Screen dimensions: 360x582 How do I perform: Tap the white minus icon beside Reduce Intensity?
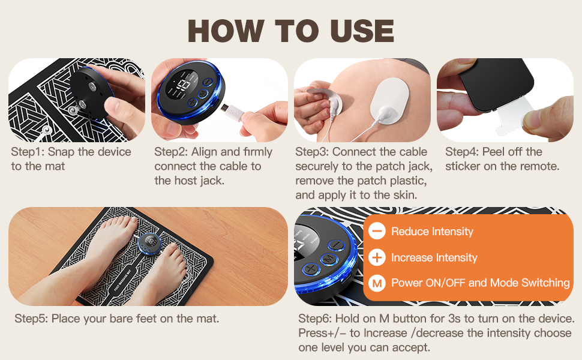point(377,231)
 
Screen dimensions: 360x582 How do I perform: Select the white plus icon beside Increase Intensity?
point(377,257)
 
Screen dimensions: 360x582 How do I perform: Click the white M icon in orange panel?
point(377,283)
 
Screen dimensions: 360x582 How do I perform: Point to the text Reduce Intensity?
point(432,232)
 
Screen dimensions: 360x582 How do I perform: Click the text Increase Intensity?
point(434,257)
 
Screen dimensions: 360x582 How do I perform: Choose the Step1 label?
point(28,152)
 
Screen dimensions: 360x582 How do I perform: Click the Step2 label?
point(170,152)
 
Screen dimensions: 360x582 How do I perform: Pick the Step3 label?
point(312,152)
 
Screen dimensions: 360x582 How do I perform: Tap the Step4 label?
point(461,152)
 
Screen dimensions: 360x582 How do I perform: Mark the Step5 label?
point(31,319)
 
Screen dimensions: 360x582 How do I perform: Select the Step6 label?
point(315,319)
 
